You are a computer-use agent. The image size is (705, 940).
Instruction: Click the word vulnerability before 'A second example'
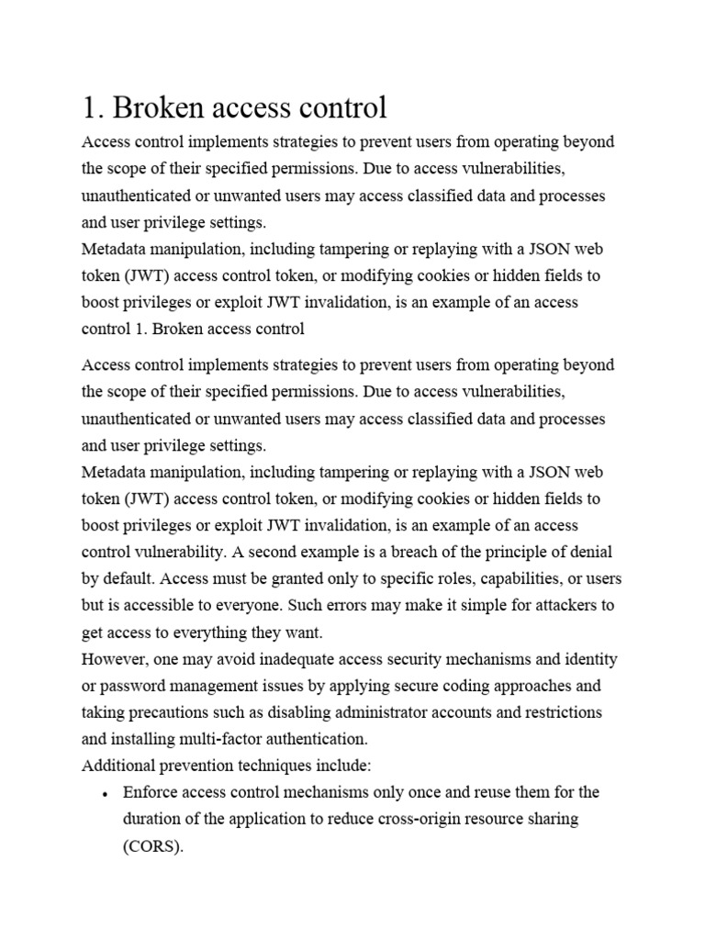pos(181,552)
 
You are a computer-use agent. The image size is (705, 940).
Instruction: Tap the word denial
pos(589,552)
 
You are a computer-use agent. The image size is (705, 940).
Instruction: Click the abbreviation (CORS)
pos(153,846)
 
